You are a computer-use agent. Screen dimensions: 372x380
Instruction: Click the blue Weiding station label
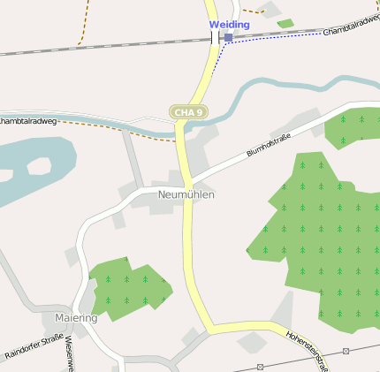pyautogui.click(x=229, y=25)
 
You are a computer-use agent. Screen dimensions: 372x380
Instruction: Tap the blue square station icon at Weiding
pyautogui.click(x=229, y=38)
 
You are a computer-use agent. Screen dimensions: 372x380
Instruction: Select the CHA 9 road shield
pyautogui.click(x=188, y=112)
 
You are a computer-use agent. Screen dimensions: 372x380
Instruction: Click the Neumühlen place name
pyautogui.click(x=186, y=194)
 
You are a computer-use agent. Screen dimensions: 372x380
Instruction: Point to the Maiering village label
pyautogui.click(x=75, y=317)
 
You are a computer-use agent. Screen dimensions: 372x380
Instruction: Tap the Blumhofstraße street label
pyautogui.click(x=269, y=145)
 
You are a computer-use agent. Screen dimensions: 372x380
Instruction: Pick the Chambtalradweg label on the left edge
pyautogui.click(x=28, y=120)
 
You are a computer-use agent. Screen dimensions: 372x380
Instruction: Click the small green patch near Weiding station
pyautogui.click(x=285, y=24)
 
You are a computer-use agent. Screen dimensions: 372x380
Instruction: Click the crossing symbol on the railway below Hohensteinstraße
pyautogui.click(x=260, y=366)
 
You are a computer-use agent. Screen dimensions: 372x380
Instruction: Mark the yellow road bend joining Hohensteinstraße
pyautogui.click(x=209, y=329)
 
